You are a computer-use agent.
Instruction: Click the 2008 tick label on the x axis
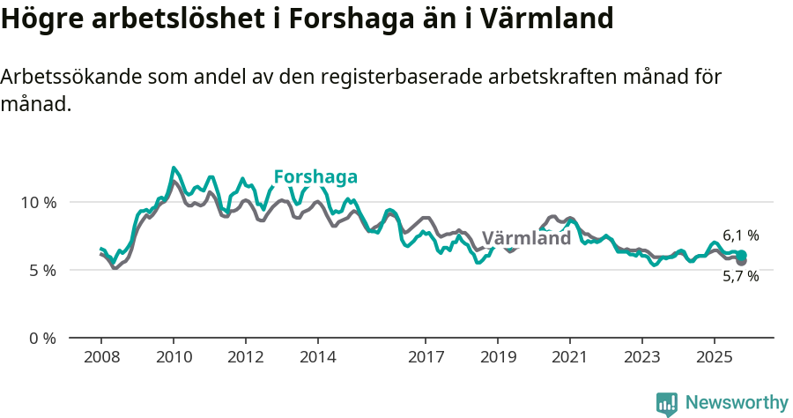101,358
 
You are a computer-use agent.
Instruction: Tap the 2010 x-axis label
174,358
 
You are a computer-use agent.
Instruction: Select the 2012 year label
246,358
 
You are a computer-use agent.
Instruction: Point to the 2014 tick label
318,358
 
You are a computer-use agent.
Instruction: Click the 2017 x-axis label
426,358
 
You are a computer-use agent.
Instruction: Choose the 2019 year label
498,358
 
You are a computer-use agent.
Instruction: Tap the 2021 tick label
570,358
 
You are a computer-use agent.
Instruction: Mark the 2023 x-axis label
642,358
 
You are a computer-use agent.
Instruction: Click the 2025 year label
715,358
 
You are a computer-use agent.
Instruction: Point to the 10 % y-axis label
39,202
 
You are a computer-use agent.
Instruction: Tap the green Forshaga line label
315,176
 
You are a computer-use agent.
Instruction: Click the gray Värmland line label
526,239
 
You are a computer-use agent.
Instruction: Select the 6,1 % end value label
741,235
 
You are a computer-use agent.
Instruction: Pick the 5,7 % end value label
741,276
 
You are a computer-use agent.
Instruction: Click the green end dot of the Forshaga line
742,255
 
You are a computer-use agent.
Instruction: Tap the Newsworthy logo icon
667,404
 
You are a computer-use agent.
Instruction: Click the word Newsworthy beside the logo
737,403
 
